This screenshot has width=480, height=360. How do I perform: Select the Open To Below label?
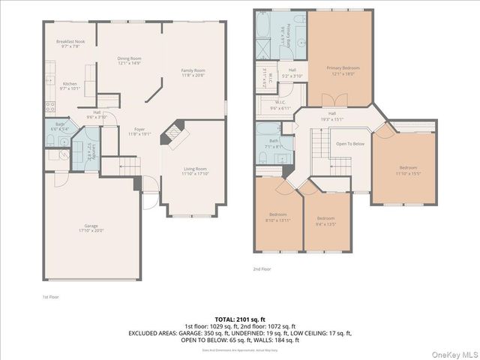point(349,143)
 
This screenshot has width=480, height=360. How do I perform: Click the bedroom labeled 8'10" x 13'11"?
point(277,217)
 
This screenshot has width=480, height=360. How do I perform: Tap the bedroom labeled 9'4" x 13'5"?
point(325,220)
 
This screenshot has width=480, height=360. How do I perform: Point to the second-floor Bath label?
point(274,142)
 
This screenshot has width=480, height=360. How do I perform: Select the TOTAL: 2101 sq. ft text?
point(239,319)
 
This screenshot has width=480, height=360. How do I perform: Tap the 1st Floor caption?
point(49,296)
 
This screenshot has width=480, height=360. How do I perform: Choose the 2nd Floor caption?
point(261,268)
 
